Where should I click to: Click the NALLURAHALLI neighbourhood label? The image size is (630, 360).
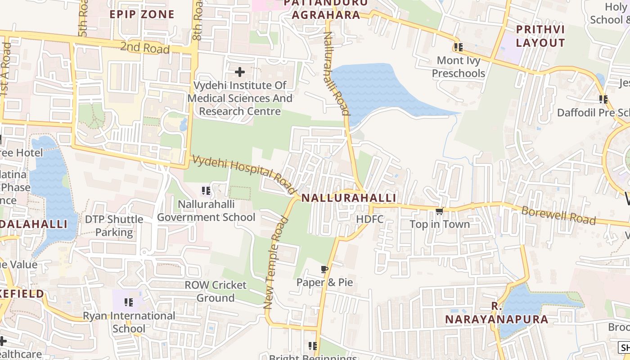tap(349, 198)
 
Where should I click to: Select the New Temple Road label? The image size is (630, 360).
tap(275, 263)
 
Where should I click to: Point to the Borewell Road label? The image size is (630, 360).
tap(558, 216)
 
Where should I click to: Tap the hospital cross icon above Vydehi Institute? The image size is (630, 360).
tap(239, 72)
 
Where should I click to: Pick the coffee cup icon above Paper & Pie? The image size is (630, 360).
tap(324, 270)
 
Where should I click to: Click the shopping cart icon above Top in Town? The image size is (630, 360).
tap(439, 211)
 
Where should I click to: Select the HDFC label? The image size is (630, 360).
tap(369, 219)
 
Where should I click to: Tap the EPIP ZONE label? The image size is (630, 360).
tap(142, 14)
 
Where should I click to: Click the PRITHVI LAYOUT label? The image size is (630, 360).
tap(540, 36)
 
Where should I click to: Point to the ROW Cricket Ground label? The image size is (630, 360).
tap(216, 291)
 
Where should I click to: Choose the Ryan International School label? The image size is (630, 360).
tap(129, 322)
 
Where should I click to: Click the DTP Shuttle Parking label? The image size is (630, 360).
tap(114, 226)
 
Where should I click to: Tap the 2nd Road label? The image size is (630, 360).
tap(144, 47)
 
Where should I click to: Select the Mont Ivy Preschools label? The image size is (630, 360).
tap(458, 67)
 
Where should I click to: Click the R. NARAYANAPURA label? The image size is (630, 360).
tap(496, 313)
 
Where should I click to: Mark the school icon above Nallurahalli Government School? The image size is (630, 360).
tap(206, 191)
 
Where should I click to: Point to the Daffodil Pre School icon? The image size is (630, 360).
tap(603, 99)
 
